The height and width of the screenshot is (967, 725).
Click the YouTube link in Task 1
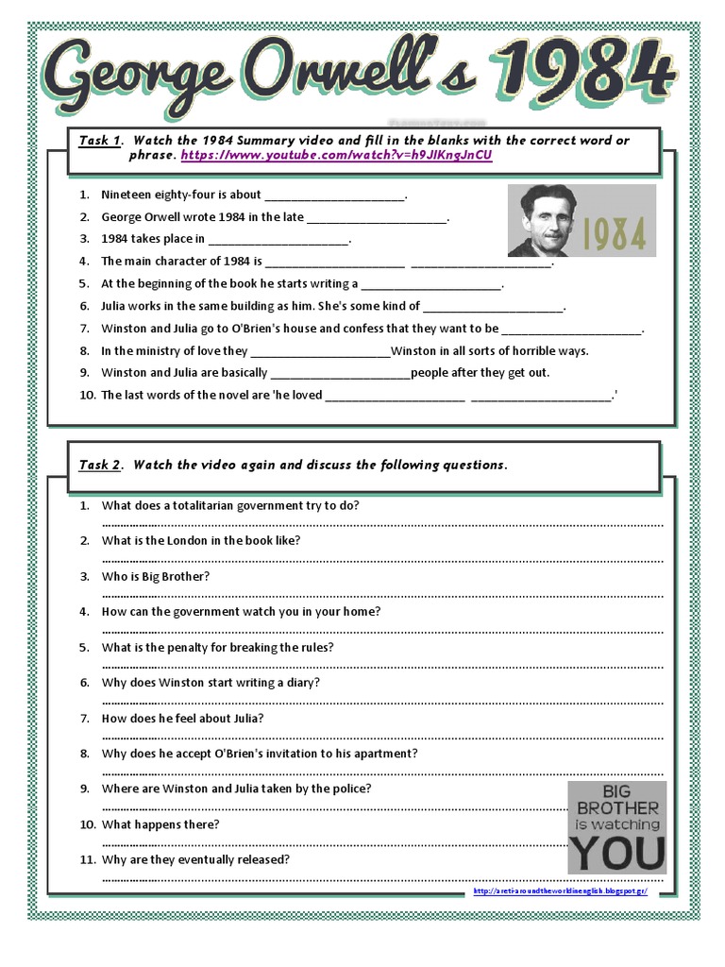336,156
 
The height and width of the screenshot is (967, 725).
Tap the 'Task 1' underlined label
99,141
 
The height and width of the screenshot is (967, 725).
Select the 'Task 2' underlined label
99,465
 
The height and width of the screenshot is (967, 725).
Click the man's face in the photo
548,219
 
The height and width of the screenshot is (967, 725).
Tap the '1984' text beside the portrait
613,234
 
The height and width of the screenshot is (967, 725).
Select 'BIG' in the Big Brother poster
617,791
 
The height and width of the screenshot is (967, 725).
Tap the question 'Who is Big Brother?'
156,576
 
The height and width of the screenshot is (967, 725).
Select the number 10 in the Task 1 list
88,396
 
